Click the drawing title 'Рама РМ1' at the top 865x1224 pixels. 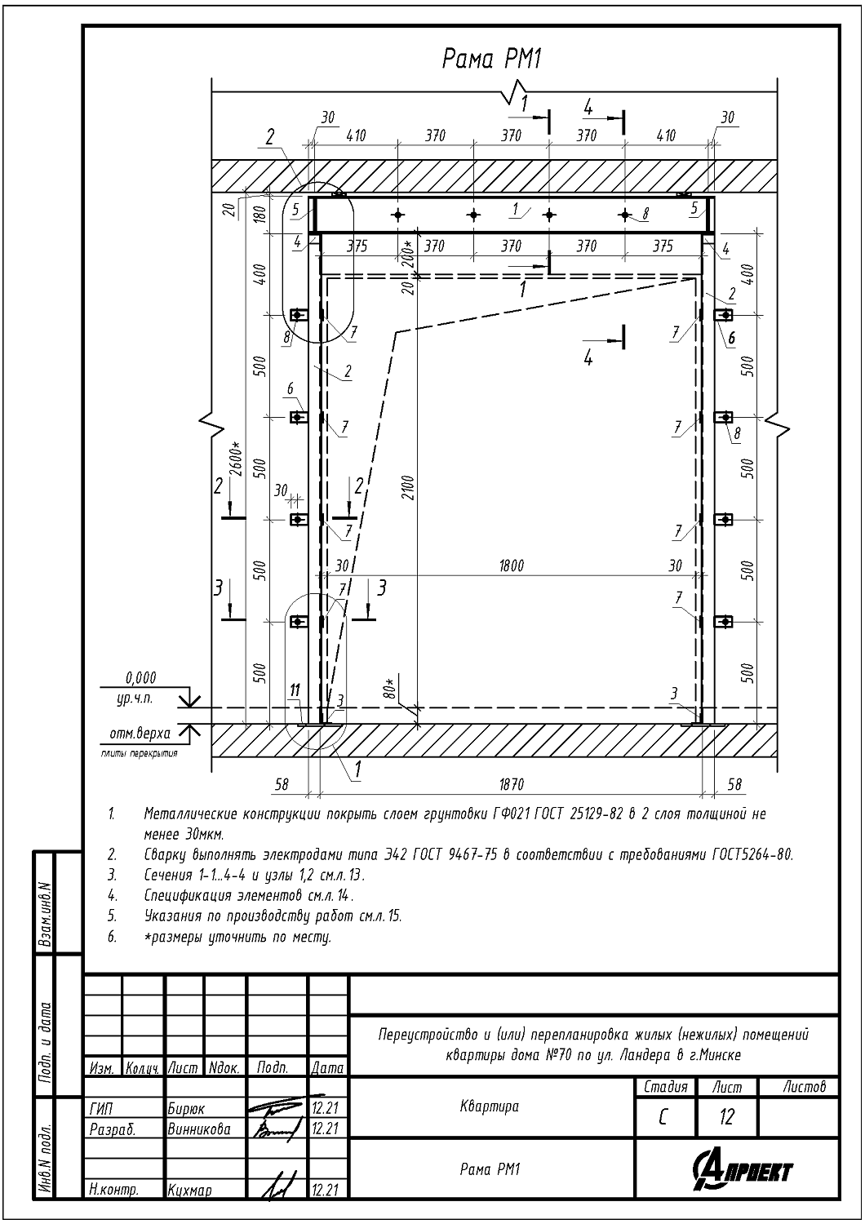point(491,60)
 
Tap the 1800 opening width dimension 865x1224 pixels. point(511,565)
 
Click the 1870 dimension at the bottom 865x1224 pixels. point(512,785)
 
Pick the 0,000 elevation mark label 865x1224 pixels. point(141,678)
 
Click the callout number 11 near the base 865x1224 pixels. point(295,690)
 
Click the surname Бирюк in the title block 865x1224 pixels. point(186,1109)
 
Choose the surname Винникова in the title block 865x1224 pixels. point(199,1129)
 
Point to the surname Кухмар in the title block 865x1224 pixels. point(189,1190)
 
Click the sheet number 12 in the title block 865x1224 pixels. point(727,1117)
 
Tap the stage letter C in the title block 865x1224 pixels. point(663,1118)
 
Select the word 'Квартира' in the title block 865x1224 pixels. point(489,1107)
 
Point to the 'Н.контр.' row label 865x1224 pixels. point(113,1190)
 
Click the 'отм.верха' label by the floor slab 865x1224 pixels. point(140,734)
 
